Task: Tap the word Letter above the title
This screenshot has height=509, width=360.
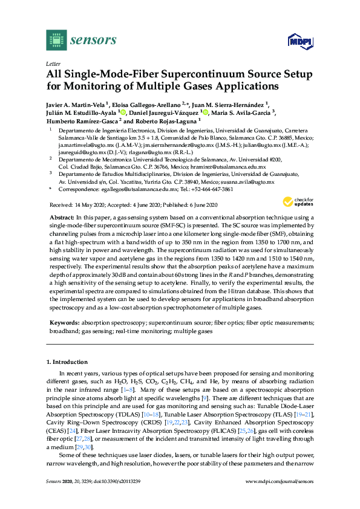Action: (x=53, y=63)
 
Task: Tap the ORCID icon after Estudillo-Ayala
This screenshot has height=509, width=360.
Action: (x=123, y=112)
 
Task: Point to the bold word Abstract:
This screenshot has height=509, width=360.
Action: (x=61, y=216)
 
